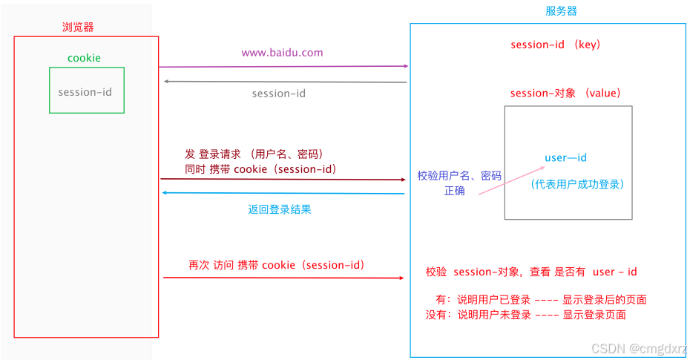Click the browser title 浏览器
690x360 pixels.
[78, 27]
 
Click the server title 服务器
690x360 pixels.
[561, 11]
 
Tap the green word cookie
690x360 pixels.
[84, 58]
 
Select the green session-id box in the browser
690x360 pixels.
[86, 91]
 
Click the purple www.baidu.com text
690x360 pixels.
[282, 53]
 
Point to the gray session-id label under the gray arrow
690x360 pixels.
[278, 94]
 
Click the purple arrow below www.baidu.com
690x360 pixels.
[282, 66]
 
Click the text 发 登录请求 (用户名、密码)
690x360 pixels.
[254, 154]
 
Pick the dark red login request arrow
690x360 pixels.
[282, 179]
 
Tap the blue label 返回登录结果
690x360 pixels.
[280, 209]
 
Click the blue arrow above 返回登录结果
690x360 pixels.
[282, 193]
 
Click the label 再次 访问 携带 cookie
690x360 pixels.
[276, 265]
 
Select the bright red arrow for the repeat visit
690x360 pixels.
[282, 278]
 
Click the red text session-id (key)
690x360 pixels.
[555, 45]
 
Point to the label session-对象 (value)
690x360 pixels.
[565, 94]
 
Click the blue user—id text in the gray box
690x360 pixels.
[565, 157]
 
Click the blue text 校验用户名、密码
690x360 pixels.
[459, 176]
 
